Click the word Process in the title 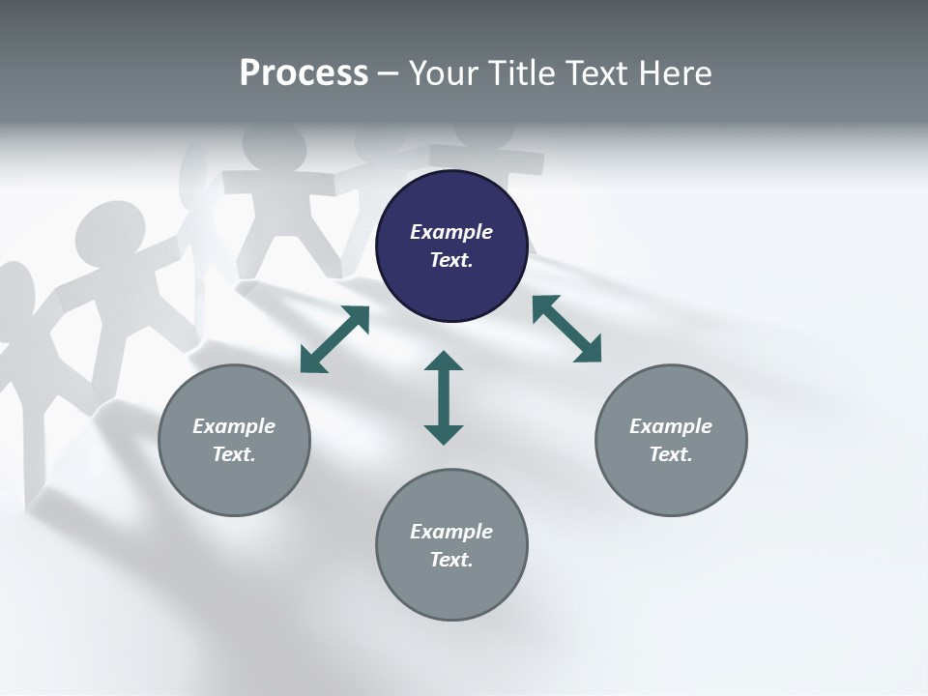(x=304, y=73)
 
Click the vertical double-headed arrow (x=444, y=397)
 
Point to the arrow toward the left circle (x=334, y=339)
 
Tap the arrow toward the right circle (x=566, y=329)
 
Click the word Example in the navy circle (x=451, y=232)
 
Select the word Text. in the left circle (x=234, y=454)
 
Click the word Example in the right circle (x=671, y=426)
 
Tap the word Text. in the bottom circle (x=451, y=560)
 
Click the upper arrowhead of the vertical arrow (x=444, y=362)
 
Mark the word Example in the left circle (x=234, y=426)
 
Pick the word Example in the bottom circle (x=451, y=532)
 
